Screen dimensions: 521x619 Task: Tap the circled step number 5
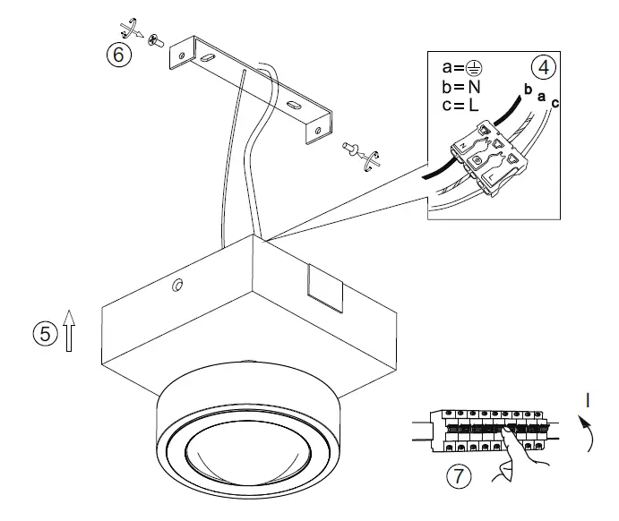point(42,333)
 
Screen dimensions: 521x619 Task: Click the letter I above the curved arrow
point(587,400)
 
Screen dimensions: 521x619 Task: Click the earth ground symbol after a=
point(482,67)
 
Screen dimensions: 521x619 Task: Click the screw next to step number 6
point(155,38)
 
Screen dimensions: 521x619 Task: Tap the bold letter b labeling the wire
point(528,90)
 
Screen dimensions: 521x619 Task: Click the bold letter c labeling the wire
point(555,103)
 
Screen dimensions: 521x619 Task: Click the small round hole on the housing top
point(176,286)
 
